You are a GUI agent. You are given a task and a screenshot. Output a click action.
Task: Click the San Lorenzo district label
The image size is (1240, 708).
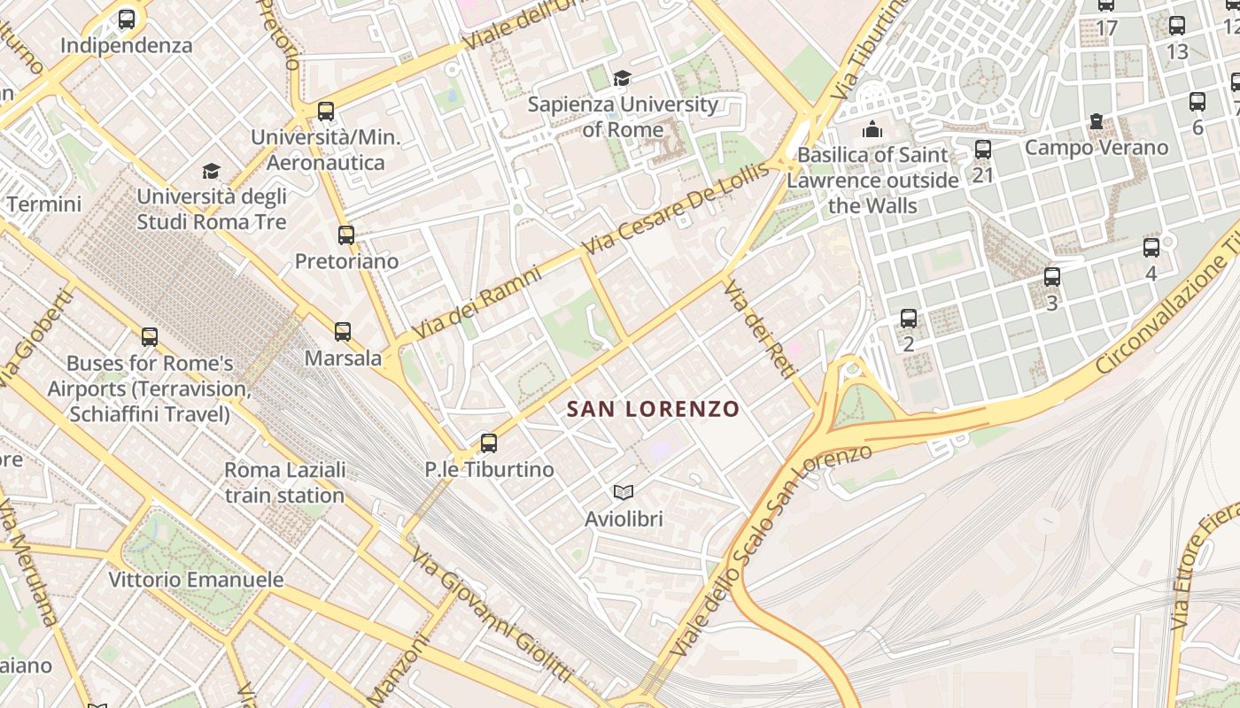tap(653, 409)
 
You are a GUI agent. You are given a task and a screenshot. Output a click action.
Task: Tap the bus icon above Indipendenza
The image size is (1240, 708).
tap(127, 19)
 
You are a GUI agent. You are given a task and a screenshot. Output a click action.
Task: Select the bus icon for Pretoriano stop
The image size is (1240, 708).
tap(346, 235)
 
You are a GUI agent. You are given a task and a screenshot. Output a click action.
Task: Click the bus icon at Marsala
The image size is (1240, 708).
tap(343, 332)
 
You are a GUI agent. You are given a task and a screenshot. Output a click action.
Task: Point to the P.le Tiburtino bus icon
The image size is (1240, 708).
tap(488, 443)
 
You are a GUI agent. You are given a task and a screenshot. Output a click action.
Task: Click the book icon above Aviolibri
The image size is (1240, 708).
tap(624, 492)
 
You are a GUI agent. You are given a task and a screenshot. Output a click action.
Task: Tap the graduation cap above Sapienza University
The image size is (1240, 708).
tap(623, 78)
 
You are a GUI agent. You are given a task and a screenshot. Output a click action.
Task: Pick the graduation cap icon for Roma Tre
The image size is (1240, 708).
tap(211, 171)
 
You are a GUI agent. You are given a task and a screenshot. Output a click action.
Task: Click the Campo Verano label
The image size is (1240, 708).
tap(1097, 147)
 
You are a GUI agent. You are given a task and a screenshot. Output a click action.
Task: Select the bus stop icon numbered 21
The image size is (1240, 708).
tap(982, 150)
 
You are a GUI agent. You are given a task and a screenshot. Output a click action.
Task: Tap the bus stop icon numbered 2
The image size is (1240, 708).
tap(909, 318)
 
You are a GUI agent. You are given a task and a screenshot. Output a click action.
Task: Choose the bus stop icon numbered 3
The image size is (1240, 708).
tap(1052, 277)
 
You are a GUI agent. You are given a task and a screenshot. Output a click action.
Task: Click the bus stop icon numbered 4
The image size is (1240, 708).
tap(1151, 248)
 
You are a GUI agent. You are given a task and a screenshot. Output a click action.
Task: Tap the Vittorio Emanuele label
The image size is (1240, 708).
tap(196, 581)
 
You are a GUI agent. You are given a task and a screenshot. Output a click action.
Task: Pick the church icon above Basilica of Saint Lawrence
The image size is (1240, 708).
tap(872, 130)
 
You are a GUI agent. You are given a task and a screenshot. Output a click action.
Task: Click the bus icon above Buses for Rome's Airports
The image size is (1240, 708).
tap(150, 337)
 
